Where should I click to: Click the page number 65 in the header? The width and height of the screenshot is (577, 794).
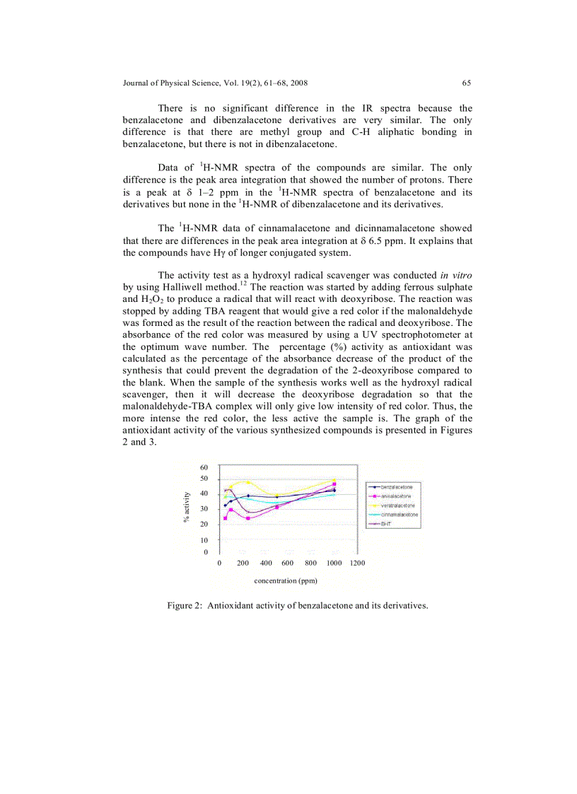click(x=467, y=83)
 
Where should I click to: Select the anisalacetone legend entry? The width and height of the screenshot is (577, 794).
click(x=396, y=496)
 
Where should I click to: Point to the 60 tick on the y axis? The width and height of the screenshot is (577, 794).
click(x=204, y=467)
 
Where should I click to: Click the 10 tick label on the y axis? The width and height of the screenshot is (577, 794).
click(x=204, y=540)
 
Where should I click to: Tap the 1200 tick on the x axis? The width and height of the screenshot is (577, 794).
click(x=357, y=564)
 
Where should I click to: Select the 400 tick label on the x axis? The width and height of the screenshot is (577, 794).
click(x=266, y=564)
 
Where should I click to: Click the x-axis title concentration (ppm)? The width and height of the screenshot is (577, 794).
click(x=286, y=580)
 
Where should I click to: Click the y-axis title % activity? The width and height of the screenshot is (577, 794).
click(x=187, y=506)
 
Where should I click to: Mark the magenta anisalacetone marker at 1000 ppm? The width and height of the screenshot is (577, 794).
click(x=334, y=484)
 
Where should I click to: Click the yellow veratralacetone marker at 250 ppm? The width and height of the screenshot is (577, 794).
click(x=247, y=482)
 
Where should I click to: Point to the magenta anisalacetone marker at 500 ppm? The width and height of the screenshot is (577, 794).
click(x=276, y=507)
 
